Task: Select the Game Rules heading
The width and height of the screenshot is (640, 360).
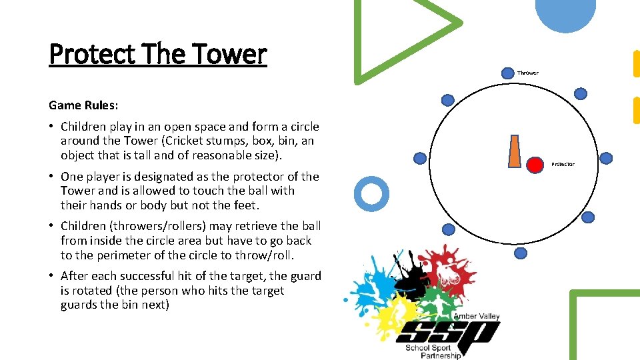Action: pyautogui.click(x=83, y=105)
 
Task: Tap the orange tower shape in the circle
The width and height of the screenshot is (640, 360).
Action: pyautogui.click(x=515, y=151)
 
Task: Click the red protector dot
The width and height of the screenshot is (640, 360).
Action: pyautogui.click(x=535, y=164)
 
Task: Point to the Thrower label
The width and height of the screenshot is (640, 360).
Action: pyautogui.click(x=527, y=72)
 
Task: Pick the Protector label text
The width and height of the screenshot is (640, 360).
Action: pyautogui.click(x=562, y=164)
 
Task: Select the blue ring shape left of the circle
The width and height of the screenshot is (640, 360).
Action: pyautogui.click(x=370, y=193)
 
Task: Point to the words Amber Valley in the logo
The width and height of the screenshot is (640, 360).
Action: pyautogui.click(x=477, y=316)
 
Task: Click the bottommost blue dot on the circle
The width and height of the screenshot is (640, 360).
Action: pyautogui.click(x=521, y=253)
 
